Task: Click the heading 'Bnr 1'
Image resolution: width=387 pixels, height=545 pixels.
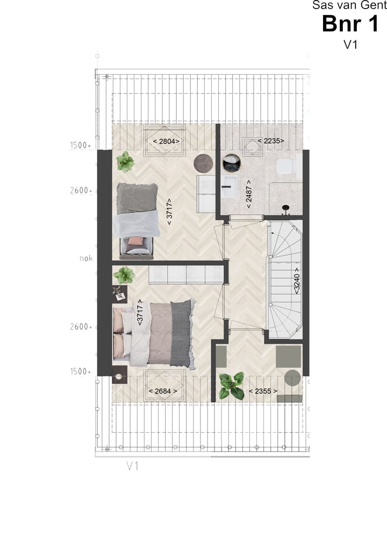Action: [x=350, y=24]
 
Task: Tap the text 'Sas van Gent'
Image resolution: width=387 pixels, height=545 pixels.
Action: [x=349, y=5]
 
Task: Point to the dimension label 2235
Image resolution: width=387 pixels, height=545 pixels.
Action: [x=270, y=141]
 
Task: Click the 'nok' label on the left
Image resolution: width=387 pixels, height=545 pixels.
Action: [x=86, y=258]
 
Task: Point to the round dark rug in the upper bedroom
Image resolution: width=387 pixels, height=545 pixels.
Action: [x=203, y=162]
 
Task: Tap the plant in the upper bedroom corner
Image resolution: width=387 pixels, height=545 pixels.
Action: [x=125, y=161]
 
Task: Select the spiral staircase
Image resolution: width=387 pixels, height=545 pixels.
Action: [x=285, y=279]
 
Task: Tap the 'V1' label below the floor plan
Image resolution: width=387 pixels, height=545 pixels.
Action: [x=133, y=466]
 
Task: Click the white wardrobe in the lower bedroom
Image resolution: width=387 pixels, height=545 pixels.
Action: [x=186, y=274]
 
